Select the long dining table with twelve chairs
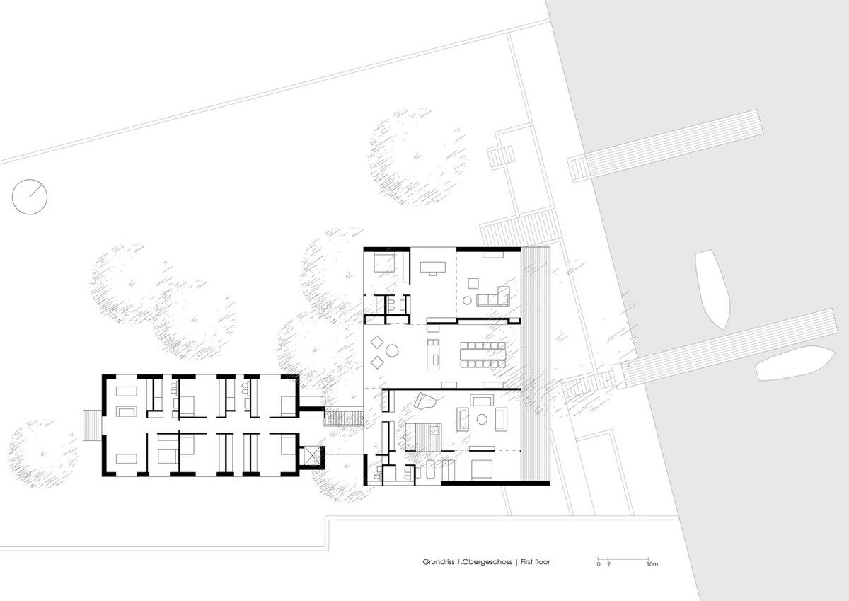click(x=483, y=355)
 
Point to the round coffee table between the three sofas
click(x=482, y=419)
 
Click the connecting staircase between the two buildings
click(x=343, y=418)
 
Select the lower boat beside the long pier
click(x=795, y=363)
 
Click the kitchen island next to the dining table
click(x=433, y=355)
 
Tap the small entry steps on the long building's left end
click(x=92, y=425)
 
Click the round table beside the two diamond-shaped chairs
click(x=392, y=350)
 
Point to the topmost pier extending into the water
click(x=666, y=146)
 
